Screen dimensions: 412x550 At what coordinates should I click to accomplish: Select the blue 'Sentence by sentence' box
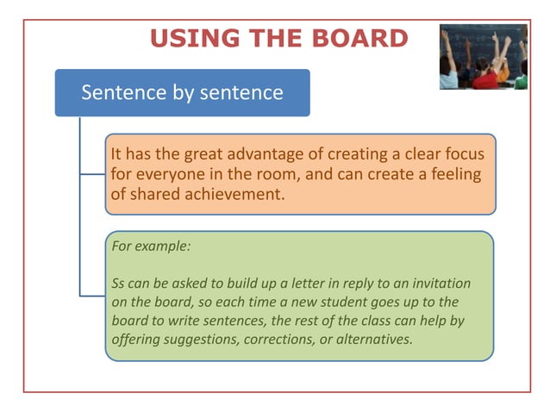pos(182,92)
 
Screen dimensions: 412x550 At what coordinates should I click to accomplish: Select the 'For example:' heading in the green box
pos(151,246)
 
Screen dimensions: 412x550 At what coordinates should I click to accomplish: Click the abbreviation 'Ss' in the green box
pos(120,283)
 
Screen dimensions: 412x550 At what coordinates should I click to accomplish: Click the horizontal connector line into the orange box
pos(92,173)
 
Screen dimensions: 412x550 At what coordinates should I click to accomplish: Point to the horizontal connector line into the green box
pos(92,296)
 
